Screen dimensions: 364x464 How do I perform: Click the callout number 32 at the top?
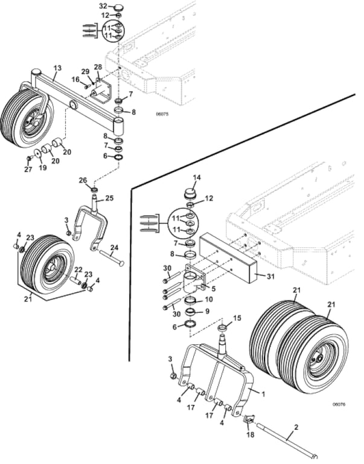(102, 6)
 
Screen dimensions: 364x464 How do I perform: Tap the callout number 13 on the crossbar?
(57, 68)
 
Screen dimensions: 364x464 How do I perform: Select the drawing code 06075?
(162, 114)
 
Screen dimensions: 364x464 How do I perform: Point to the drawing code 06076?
(339, 404)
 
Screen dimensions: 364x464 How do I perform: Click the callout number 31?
(270, 276)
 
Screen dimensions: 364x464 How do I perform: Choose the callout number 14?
(197, 177)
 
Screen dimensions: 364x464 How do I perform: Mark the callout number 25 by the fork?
(109, 198)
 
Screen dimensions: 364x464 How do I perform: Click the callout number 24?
(115, 247)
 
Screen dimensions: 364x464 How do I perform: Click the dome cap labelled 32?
(118, 7)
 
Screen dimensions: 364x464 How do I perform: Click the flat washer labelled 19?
(37, 153)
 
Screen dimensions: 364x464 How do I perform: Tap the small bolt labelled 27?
(29, 159)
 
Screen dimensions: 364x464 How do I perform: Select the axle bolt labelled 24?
(112, 257)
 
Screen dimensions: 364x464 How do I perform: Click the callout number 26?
(83, 180)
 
